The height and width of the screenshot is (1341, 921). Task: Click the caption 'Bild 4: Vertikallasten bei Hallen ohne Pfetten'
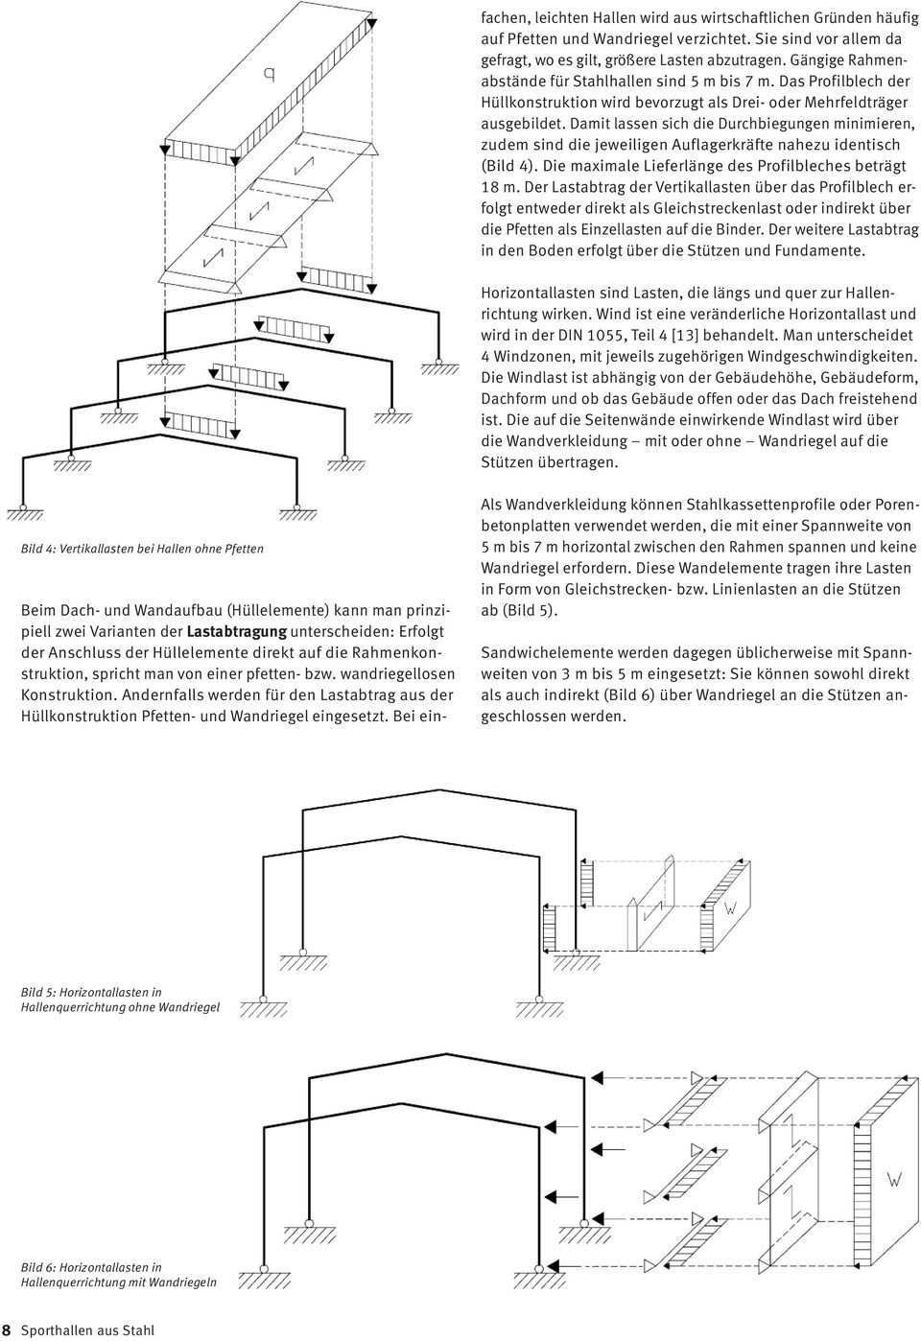point(142,549)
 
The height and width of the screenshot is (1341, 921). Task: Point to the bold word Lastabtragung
point(237,631)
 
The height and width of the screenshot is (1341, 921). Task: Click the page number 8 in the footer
point(7,1330)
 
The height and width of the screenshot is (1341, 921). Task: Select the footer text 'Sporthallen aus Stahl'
point(87,1330)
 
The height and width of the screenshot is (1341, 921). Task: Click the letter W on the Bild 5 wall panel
point(731,907)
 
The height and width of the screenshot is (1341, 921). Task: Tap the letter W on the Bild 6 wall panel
point(893,1179)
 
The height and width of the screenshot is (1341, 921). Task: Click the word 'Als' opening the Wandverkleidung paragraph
point(491,505)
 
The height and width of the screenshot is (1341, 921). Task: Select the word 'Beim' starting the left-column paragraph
point(38,610)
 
